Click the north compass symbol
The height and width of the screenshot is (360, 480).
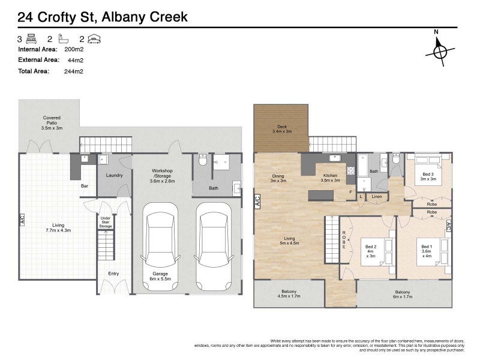[x=440, y=51]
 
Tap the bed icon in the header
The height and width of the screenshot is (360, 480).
[x=31, y=39]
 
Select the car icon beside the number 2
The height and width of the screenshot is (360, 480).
[x=94, y=39]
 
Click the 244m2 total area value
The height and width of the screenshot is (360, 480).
[x=73, y=71]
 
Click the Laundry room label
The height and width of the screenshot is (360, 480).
[x=114, y=175]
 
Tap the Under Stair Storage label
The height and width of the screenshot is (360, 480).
[x=106, y=222]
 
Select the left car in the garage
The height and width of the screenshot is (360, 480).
[x=160, y=247]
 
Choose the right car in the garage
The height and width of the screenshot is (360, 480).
[x=214, y=247]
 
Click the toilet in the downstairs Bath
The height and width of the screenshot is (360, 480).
[x=203, y=160]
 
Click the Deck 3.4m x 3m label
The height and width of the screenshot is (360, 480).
[x=282, y=129]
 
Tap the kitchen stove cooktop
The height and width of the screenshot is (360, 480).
[x=350, y=170]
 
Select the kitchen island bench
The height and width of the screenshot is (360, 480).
[x=321, y=195]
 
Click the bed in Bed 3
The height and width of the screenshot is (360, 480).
[x=428, y=170]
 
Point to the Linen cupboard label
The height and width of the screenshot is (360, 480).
[x=377, y=197]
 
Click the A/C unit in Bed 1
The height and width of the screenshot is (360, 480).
[x=448, y=226]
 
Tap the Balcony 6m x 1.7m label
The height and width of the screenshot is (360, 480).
[x=403, y=294]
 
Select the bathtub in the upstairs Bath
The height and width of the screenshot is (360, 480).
[x=362, y=166]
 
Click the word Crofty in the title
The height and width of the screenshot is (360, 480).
[x=57, y=17]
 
